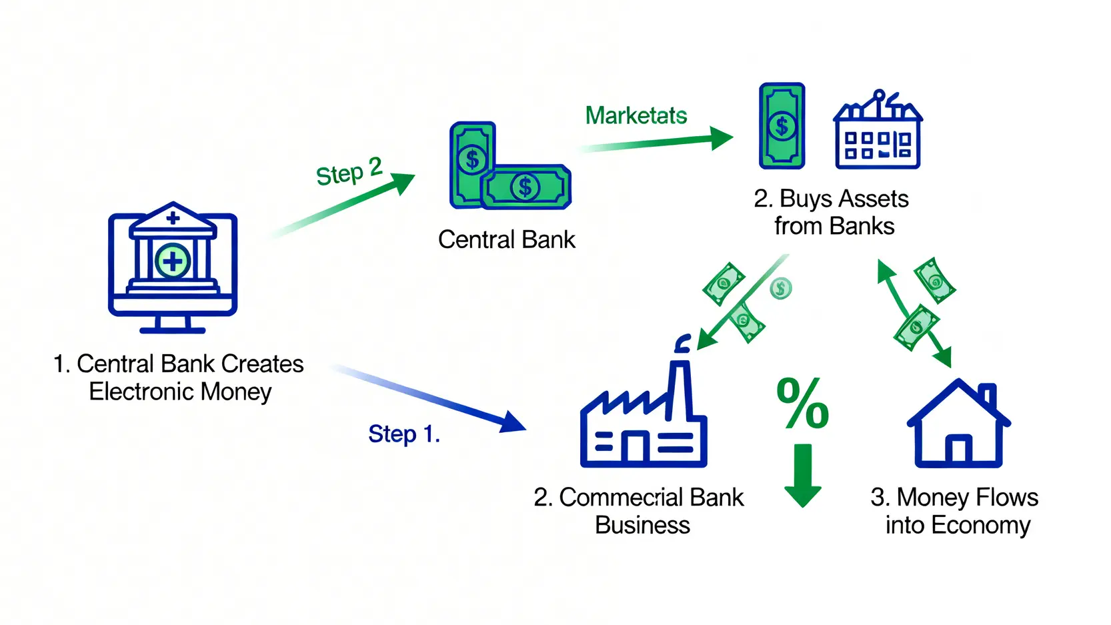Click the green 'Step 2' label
[x=349, y=171]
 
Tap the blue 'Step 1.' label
[x=404, y=434]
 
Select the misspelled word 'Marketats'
[x=636, y=115]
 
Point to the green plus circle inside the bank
[x=173, y=261]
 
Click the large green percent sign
[x=802, y=403]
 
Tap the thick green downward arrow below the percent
[x=802, y=475]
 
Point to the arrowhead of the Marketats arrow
[x=721, y=138]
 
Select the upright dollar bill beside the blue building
[x=782, y=126]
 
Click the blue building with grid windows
[x=878, y=130]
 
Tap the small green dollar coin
[x=781, y=288]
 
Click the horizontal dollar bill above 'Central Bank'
[x=525, y=187]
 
